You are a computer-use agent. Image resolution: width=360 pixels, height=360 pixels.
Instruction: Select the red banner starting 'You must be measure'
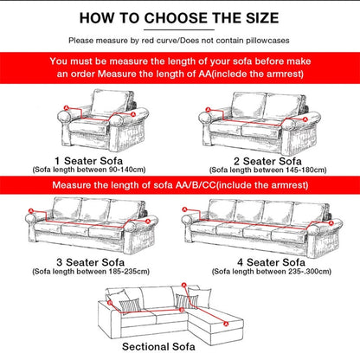179,68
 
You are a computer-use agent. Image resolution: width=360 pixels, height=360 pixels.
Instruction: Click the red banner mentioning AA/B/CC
179,184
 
